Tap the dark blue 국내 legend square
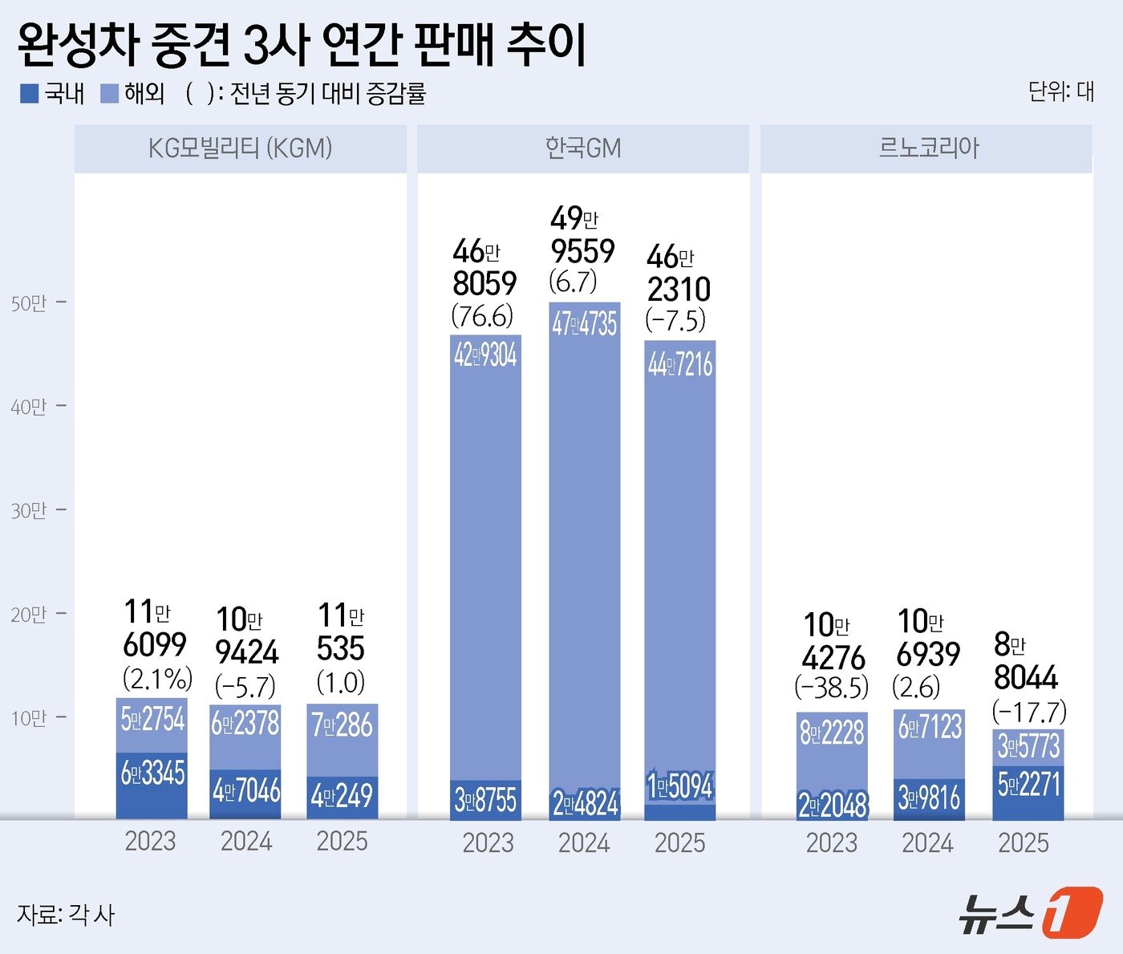coord(30,94)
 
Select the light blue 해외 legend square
coord(109,94)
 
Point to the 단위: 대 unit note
coord(1060,91)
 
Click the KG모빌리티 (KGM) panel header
coord(240,148)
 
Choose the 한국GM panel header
coord(583,148)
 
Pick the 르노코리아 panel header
coord(928,148)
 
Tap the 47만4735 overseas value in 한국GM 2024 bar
coord(584,324)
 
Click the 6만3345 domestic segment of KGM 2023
coord(152,773)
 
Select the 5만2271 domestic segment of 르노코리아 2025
coord(1028,784)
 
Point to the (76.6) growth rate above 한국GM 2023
coord(482,316)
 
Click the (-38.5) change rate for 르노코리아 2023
coord(832,688)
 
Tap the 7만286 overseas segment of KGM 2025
coord(342,725)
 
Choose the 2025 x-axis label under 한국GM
coord(679,842)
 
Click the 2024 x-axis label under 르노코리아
coord(927,842)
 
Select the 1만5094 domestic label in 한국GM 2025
coord(679,786)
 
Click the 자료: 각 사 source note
coord(66,915)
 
